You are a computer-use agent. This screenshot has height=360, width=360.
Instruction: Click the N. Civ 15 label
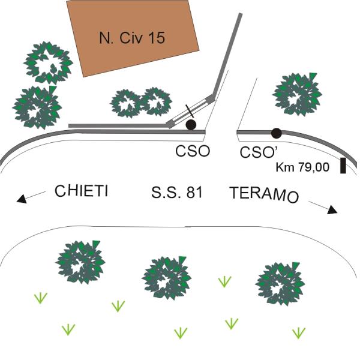[132, 37]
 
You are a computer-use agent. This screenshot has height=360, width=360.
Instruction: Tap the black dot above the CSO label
[191, 125]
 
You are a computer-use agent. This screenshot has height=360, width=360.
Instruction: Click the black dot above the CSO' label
[276, 133]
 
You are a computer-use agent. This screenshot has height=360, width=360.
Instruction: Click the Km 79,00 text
[302, 167]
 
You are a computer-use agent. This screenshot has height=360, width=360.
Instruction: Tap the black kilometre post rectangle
[343, 166]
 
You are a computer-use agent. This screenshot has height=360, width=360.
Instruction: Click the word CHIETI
[81, 191]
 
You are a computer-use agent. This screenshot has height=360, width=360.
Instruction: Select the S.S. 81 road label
[177, 193]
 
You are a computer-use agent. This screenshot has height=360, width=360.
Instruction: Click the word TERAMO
[264, 194]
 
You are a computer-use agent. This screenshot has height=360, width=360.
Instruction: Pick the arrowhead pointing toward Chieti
[22, 199]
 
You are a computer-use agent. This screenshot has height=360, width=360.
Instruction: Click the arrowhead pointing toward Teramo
[332, 210]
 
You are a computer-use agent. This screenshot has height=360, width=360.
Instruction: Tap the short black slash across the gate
[190, 111]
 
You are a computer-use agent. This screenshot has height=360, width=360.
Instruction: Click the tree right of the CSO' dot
[298, 94]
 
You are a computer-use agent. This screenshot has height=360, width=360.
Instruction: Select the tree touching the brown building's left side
[48, 63]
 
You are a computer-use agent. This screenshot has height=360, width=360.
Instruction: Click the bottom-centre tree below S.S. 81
[167, 278]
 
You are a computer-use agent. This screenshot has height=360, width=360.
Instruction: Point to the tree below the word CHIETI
[80, 262]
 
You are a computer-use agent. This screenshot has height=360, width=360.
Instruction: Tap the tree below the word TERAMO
[280, 283]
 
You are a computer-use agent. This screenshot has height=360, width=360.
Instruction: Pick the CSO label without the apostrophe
[193, 151]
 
